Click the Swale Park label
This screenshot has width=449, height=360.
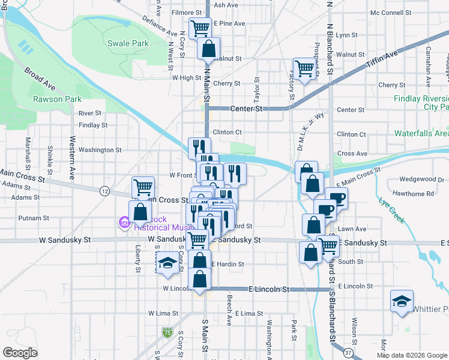(127, 43)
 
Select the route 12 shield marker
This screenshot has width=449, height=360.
(104, 191)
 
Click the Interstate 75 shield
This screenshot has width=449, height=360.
(166, 332)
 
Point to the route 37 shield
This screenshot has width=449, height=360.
(348, 352)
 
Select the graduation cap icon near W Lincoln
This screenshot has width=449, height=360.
(167, 263)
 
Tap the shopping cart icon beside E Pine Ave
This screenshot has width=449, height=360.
(200, 26)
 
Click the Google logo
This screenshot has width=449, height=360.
(20, 352)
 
